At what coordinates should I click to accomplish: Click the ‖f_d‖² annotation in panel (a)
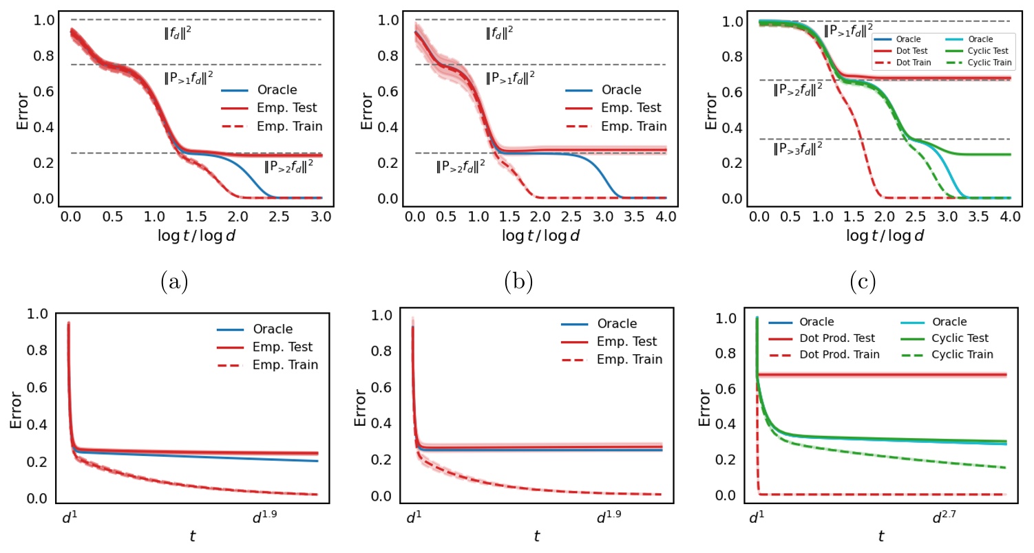[175, 31]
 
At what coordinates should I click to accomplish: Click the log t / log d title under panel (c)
[883, 235]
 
